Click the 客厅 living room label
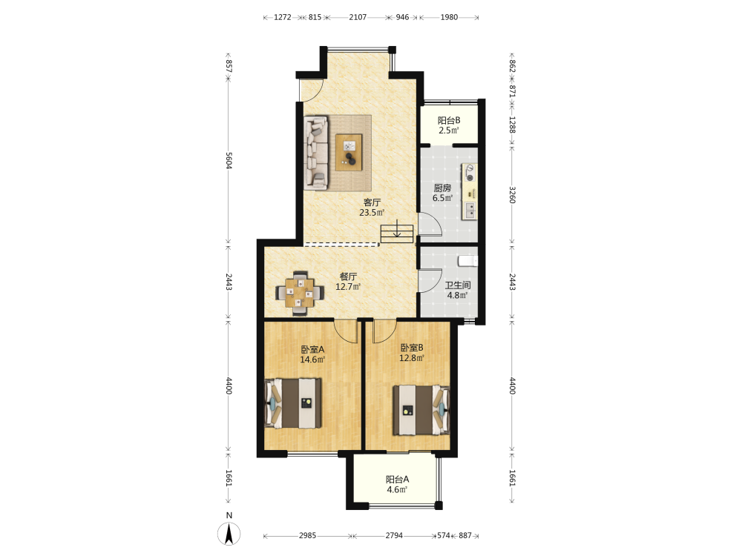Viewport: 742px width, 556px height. point(372,202)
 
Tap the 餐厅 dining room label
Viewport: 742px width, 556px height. point(348,277)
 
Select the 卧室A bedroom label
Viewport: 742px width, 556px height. point(312,349)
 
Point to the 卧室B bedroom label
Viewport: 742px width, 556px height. point(412,348)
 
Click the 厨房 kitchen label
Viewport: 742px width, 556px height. point(442,188)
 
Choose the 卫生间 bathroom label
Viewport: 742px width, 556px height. point(458,285)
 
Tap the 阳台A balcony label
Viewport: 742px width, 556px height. point(397,480)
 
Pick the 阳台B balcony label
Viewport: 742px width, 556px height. point(449,121)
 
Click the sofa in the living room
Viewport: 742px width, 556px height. point(316,153)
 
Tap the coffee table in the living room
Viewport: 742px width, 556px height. point(349,152)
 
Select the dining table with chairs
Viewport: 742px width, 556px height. point(300,293)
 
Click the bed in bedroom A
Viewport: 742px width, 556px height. point(293,403)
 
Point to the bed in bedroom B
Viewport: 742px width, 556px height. point(421,410)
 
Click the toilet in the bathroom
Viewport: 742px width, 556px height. point(467,261)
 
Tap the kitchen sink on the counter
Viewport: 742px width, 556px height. point(470,211)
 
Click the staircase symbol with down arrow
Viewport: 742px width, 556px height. point(397,231)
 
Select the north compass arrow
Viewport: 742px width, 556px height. point(229,534)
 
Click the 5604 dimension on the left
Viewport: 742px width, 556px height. point(229,161)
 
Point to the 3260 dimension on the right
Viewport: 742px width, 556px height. point(512,195)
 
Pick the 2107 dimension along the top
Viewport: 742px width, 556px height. point(358,17)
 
